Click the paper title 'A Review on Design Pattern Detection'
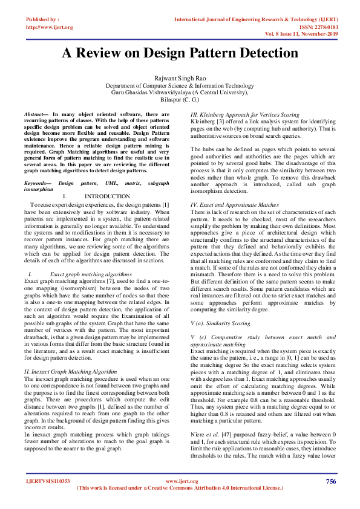180,53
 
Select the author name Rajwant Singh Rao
180,79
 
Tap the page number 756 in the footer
330,481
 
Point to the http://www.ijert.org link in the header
49,27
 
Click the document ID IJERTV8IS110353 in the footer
48,482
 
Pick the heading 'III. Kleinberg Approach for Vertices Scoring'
244,114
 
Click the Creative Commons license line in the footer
180,488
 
